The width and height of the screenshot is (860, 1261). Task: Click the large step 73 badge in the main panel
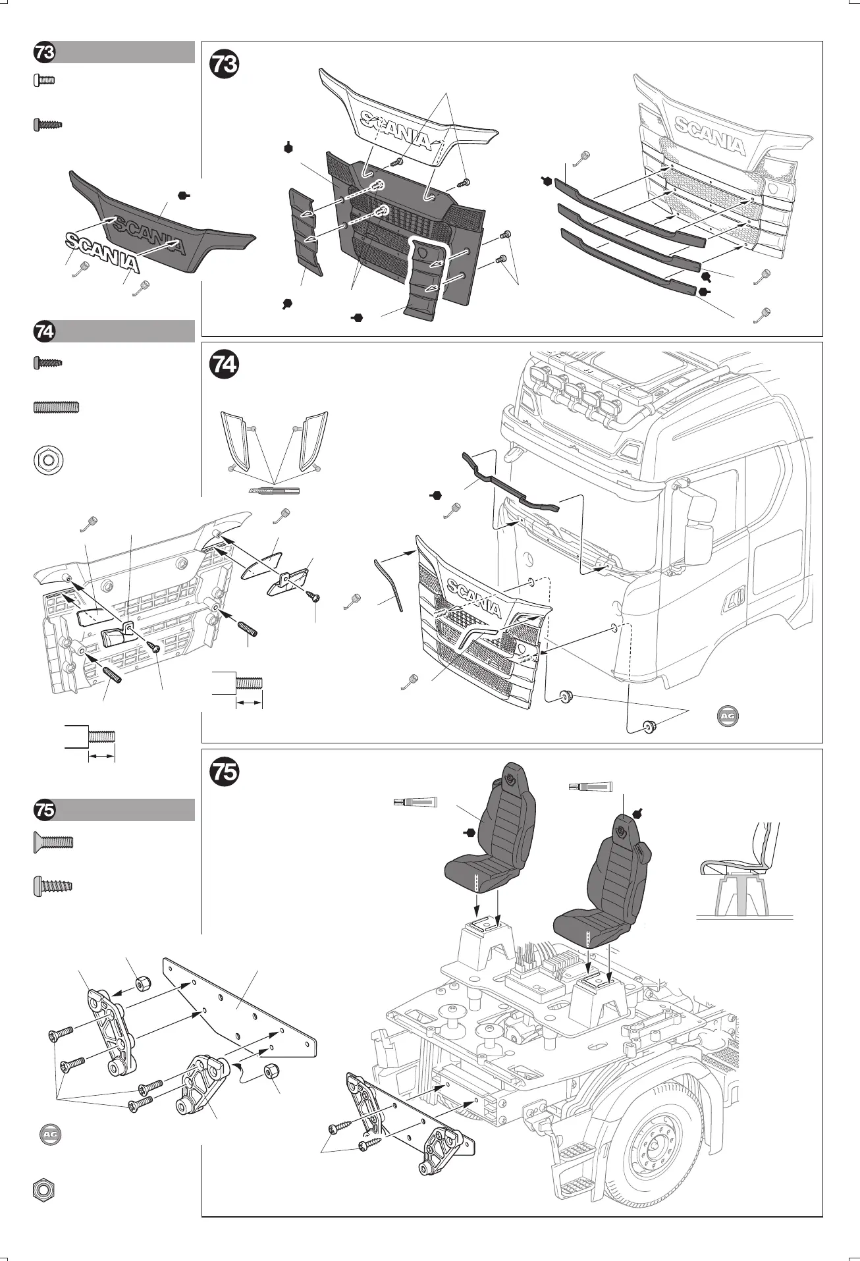(x=224, y=65)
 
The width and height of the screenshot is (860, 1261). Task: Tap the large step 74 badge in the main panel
(x=224, y=365)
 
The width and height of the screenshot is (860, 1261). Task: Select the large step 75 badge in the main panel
(x=224, y=772)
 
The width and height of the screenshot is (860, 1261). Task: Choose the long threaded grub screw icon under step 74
(x=56, y=408)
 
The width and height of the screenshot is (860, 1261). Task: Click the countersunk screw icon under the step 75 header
(x=53, y=842)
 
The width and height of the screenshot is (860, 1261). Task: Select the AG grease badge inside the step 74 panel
(x=727, y=715)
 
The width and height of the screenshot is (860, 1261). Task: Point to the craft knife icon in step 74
(x=274, y=491)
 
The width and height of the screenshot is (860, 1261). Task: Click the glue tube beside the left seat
(x=415, y=801)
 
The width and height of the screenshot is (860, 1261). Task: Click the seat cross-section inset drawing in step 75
(x=744, y=872)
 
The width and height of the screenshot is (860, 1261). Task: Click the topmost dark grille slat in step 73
(x=629, y=213)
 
